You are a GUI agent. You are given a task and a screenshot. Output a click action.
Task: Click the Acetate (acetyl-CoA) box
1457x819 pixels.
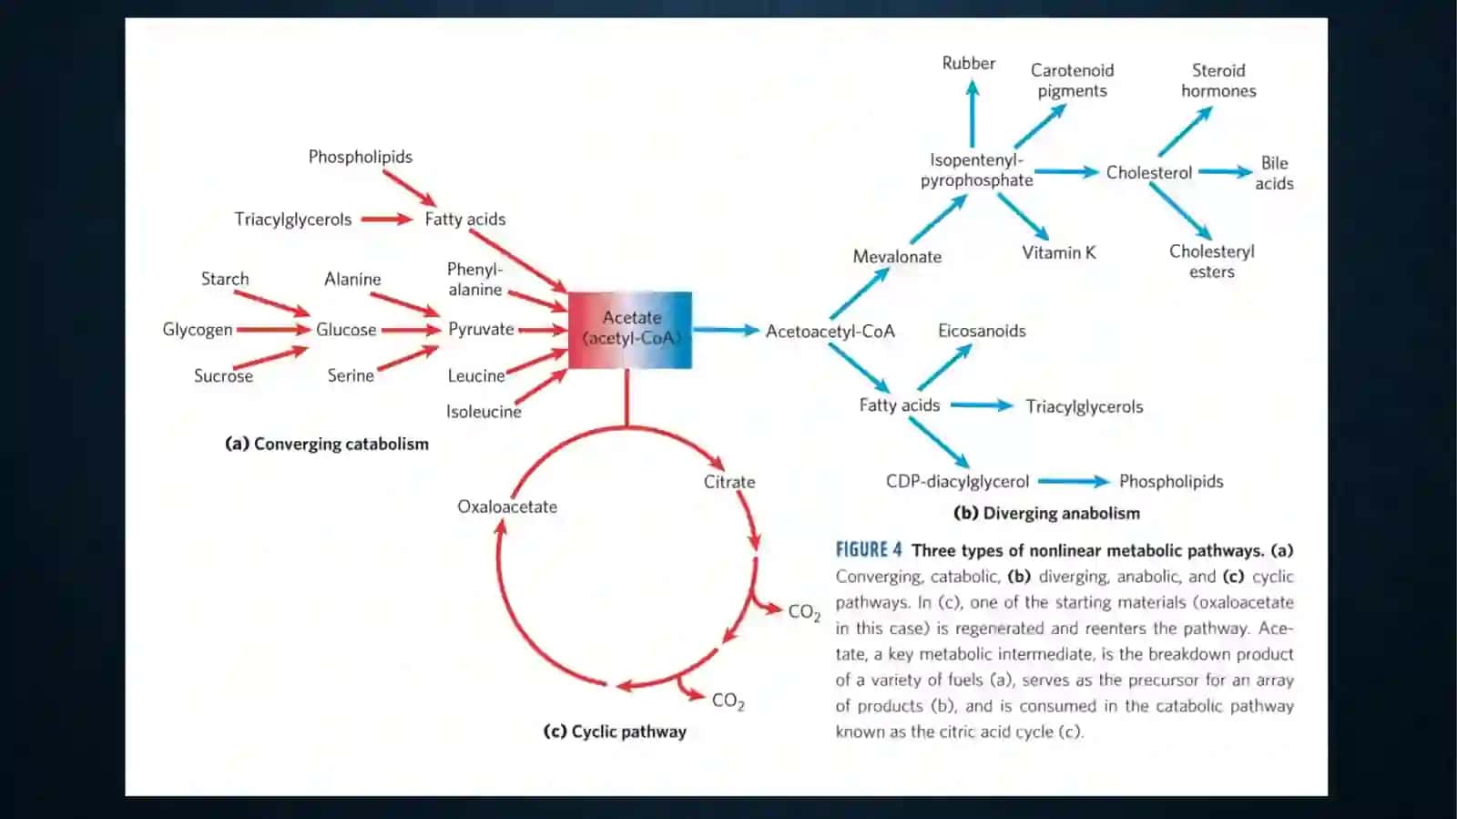tap(629, 330)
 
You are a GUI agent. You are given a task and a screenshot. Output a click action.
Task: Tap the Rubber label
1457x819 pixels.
tap(969, 64)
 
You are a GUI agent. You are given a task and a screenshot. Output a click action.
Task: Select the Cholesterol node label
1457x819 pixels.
tap(1148, 172)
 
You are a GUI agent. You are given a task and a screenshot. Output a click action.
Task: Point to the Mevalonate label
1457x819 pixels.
tap(897, 257)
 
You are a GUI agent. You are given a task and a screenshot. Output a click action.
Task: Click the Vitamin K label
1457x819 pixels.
tap(1058, 252)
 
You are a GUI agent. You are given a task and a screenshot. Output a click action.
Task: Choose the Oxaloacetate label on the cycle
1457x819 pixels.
tap(506, 507)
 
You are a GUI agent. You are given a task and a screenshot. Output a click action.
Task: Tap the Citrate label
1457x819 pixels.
tap(729, 482)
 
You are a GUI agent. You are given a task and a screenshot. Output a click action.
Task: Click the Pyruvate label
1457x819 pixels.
tap(481, 330)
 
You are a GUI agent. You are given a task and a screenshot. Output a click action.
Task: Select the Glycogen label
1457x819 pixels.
tap(197, 330)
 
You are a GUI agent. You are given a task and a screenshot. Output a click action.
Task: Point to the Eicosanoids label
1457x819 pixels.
tap(982, 331)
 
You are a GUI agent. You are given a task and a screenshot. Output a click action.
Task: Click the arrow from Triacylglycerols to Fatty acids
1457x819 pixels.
tap(386, 220)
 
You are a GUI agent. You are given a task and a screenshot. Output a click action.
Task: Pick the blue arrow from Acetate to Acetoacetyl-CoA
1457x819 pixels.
tap(726, 331)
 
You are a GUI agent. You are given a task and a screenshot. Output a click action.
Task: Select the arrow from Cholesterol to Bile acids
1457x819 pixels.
tap(1225, 172)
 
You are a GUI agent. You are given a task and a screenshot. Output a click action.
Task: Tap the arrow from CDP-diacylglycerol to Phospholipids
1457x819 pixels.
tap(1074, 482)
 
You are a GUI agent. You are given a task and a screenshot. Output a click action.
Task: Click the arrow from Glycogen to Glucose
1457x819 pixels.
tap(273, 330)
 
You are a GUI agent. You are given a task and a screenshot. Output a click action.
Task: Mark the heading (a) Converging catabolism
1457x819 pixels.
tap(327, 445)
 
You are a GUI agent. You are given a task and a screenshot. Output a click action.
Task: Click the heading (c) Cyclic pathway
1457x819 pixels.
tap(615, 732)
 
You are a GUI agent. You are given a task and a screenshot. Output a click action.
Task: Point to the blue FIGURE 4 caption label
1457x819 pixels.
tap(869, 550)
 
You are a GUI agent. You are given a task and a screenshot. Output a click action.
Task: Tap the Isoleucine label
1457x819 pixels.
tap(484, 412)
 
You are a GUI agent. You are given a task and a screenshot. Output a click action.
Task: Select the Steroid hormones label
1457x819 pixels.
tap(1218, 81)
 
